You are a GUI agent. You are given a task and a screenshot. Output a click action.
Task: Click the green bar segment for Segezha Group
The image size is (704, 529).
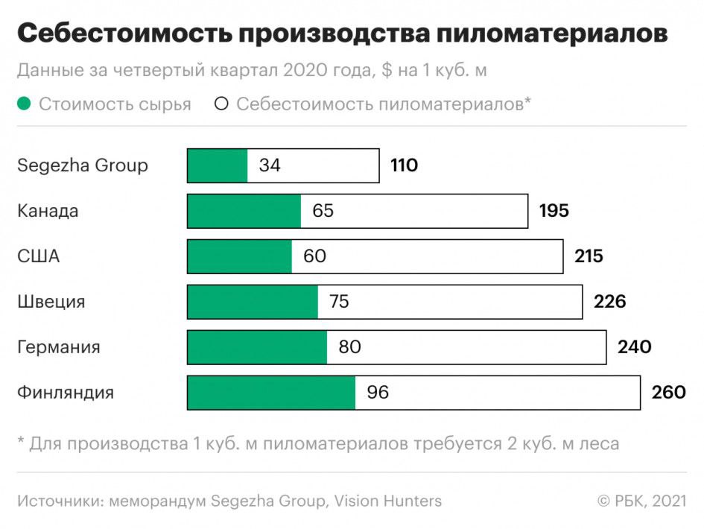click(x=218, y=165)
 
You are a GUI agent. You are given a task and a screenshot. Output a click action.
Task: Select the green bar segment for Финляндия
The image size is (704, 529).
click(x=271, y=393)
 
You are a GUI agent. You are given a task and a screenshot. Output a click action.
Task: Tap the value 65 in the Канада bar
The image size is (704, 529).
click(x=323, y=211)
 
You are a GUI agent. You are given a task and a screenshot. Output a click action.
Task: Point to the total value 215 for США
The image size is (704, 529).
click(x=589, y=256)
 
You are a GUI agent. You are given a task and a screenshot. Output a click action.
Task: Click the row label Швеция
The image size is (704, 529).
click(x=51, y=302)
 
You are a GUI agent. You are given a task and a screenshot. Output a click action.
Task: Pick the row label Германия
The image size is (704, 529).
click(x=58, y=347)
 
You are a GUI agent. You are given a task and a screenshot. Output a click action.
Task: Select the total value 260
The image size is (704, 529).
click(x=668, y=393)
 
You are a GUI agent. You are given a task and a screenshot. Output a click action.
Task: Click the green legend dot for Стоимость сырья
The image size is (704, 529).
click(x=25, y=104)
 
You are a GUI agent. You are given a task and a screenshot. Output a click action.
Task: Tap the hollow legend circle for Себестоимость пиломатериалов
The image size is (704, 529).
click(x=221, y=104)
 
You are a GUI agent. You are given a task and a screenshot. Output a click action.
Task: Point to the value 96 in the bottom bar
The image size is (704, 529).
click(x=378, y=393)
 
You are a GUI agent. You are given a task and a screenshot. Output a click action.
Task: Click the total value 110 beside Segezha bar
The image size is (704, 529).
click(x=404, y=165)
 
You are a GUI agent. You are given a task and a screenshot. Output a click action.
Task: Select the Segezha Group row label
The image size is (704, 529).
click(x=82, y=165)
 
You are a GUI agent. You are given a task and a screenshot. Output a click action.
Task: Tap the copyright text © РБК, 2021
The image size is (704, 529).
click(x=641, y=501)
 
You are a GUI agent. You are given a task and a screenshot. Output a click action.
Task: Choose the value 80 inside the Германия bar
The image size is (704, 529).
click(x=349, y=347)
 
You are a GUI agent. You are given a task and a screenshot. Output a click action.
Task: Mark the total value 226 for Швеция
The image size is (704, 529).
click(x=609, y=302)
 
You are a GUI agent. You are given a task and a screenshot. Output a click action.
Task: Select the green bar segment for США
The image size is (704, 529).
click(x=239, y=256)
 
